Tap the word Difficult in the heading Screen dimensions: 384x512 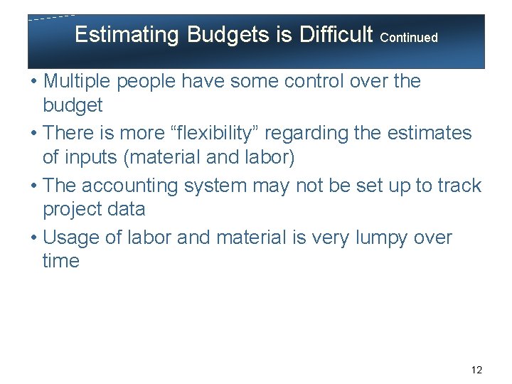point(337,34)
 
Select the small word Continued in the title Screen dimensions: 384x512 point(409,37)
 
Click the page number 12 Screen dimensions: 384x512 point(476,370)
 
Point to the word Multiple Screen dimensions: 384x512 point(79,82)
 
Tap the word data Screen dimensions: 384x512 point(129,210)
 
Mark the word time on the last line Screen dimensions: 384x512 point(60,261)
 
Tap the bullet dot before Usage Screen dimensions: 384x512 point(34,238)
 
